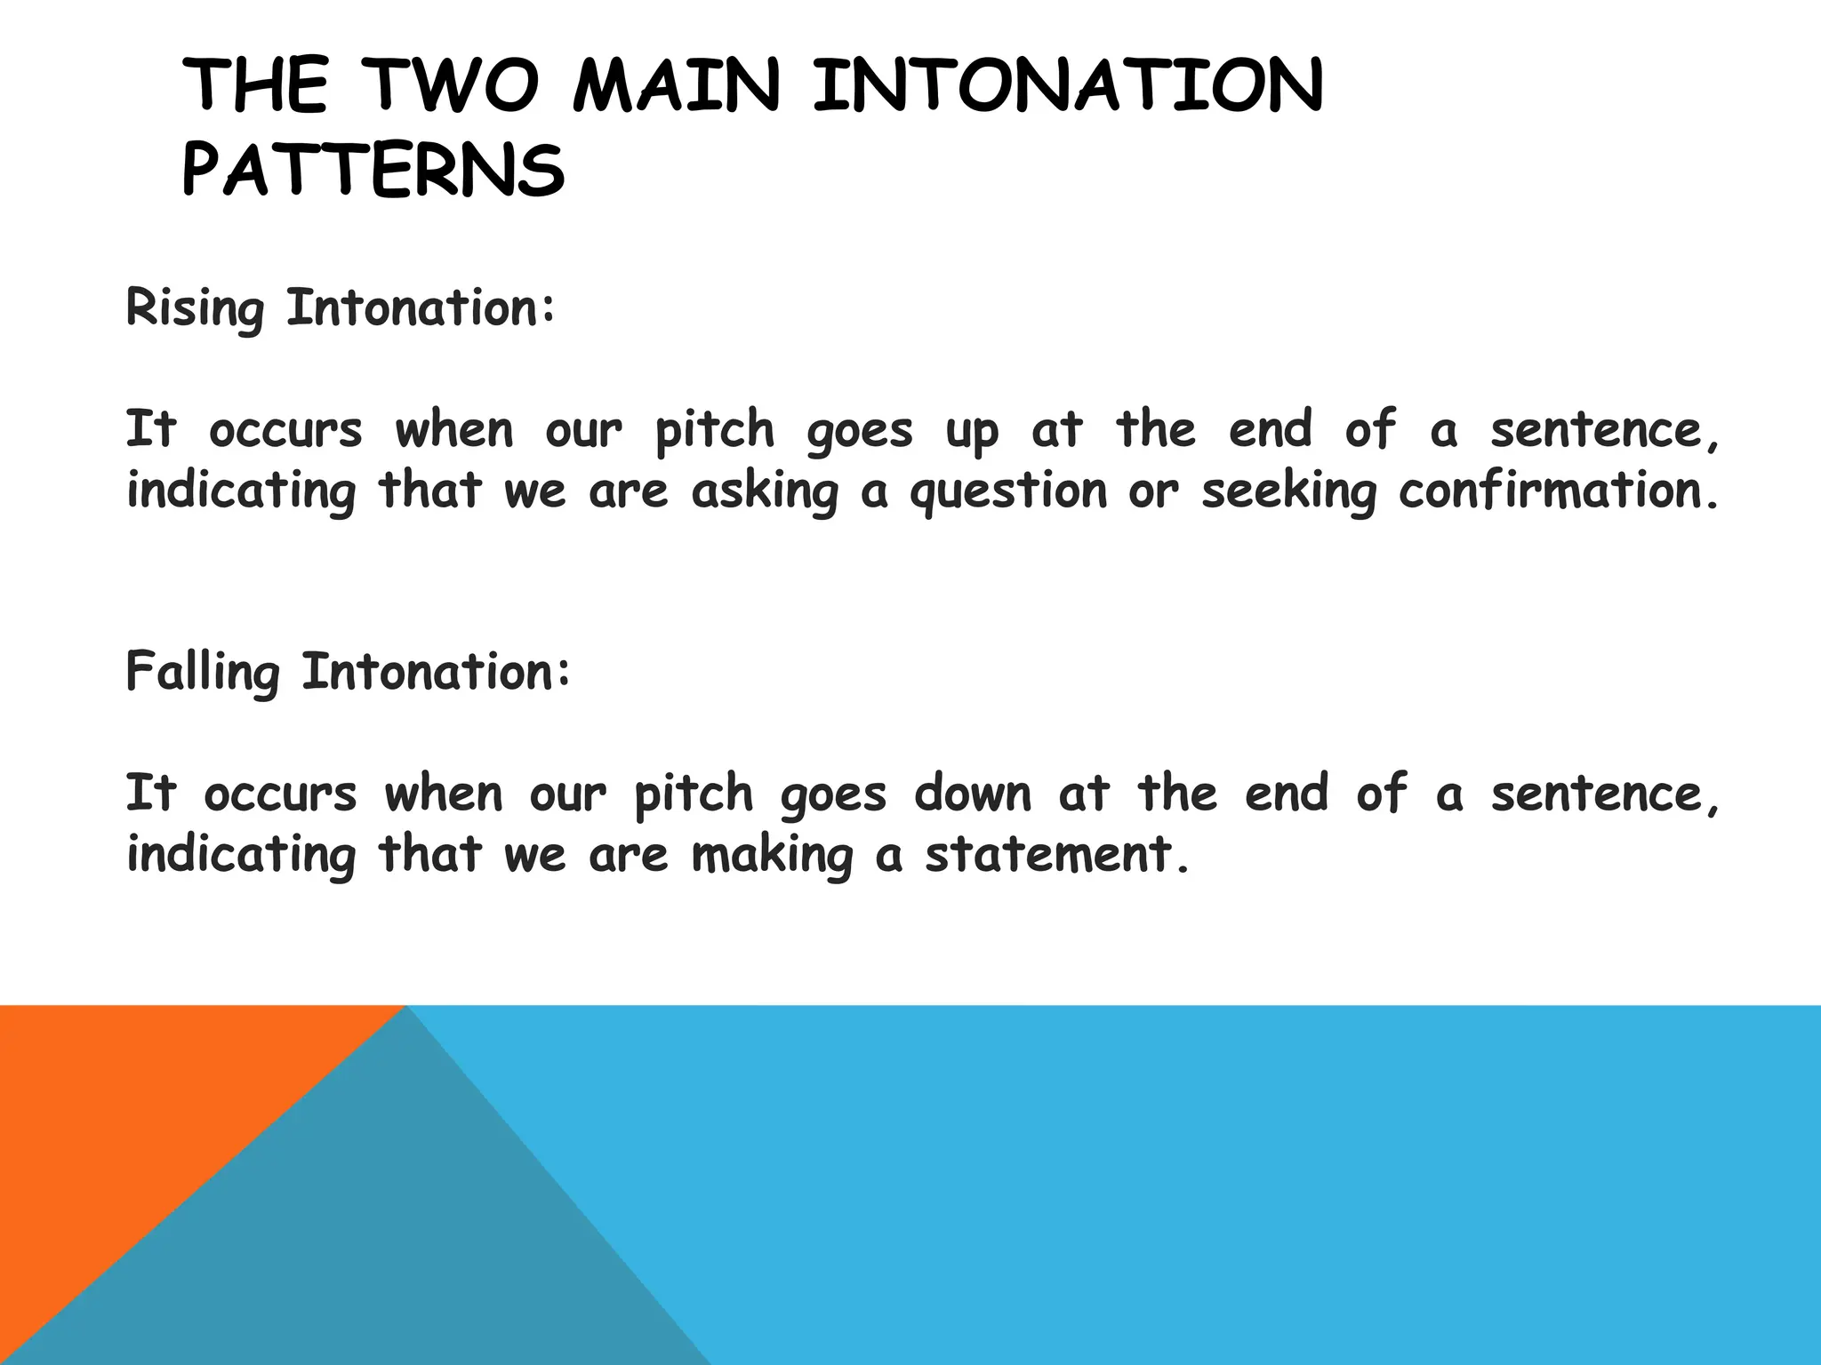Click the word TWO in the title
(x=454, y=86)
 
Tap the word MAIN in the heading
(x=677, y=86)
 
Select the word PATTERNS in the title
(x=373, y=171)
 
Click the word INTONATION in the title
(x=1068, y=86)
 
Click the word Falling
(x=203, y=672)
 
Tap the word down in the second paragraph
(x=973, y=793)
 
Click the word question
(x=1008, y=492)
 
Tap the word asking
(x=765, y=492)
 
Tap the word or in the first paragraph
(x=1154, y=492)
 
